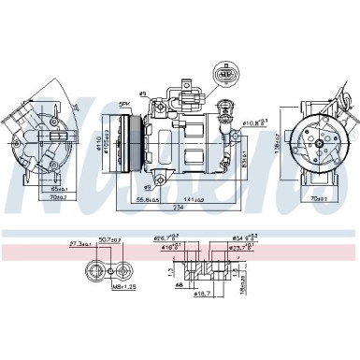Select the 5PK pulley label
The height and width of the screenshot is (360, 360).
pos(123,103)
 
